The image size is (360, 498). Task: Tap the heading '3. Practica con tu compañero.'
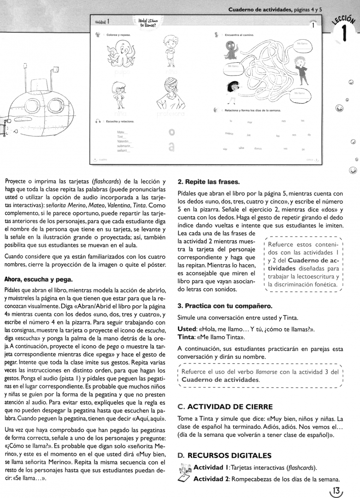click(x=225, y=305)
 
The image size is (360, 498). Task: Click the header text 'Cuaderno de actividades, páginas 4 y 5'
click(x=275, y=9)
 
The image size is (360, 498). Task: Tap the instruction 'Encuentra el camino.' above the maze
click(x=238, y=35)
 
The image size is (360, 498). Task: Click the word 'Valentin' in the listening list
click(x=124, y=141)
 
